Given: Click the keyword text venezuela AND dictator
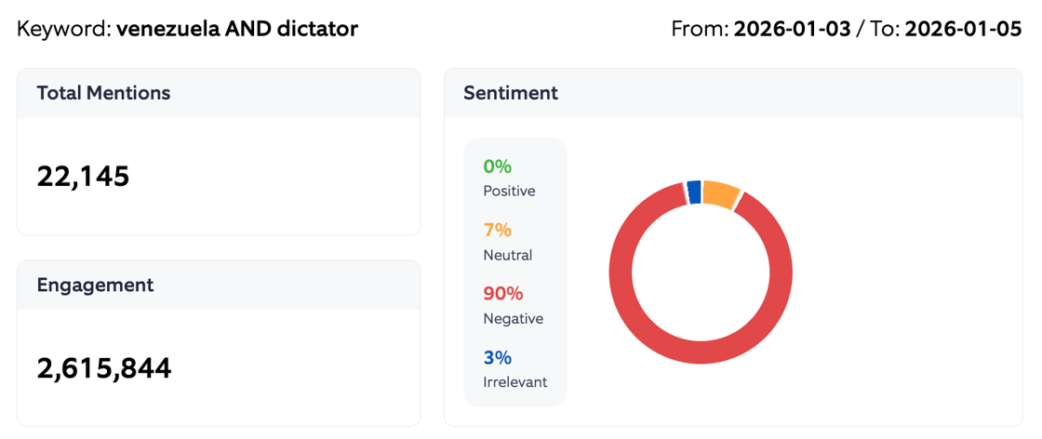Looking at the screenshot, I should pos(237,29).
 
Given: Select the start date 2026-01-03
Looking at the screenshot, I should pos(792,29).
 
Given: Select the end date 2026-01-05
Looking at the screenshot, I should pos(963,29).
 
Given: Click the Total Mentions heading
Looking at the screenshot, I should pos(103,93).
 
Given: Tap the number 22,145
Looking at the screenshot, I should pos(83,176).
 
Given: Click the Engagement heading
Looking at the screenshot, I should pos(95,286).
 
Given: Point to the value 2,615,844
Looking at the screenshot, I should pos(104,368).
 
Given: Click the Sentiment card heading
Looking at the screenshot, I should pos(511,93).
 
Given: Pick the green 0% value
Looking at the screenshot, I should pos(497,166).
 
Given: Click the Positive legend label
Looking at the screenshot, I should pos(509,191).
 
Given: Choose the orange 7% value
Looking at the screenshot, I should pos(497,230).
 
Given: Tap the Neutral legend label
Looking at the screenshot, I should pos(507,255).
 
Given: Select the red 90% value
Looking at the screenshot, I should pos(502,294).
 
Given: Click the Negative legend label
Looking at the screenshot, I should pos(513,318).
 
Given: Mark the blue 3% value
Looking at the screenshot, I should pos(497,357).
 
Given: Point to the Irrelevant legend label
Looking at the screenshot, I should pos(514,381).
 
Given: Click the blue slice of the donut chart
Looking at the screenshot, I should pos(694,191).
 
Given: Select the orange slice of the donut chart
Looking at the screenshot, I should pos(720,194).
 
